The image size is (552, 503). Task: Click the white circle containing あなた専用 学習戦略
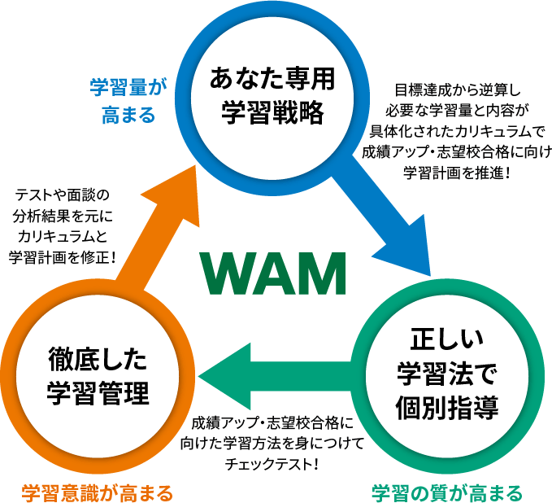pyautogui.click(x=273, y=96)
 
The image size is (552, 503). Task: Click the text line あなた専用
pyautogui.click(x=273, y=81)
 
